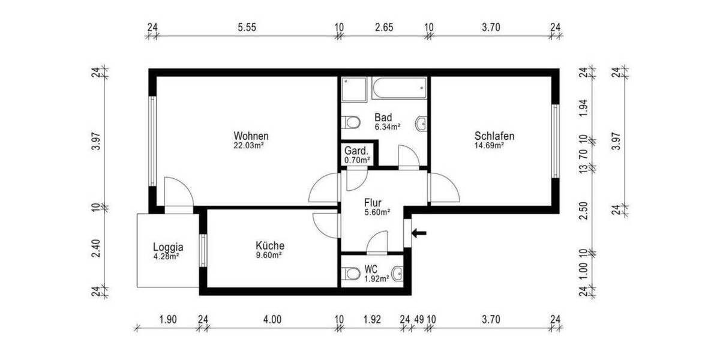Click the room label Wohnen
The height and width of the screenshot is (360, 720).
coord(251,136)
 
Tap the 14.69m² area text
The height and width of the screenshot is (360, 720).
coord(489,145)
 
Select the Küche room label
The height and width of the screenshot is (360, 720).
coord(269,245)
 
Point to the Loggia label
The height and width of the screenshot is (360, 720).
coord(167,246)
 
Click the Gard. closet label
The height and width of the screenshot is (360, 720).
coord(357,151)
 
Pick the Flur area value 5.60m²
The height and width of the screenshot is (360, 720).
coord(377,211)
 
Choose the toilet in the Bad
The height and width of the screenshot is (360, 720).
coord(351,123)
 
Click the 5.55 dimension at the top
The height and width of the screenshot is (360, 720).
coord(247,27)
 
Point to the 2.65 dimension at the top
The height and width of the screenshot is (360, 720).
coord(383,27)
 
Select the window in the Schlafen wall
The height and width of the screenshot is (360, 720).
coord(555,141)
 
